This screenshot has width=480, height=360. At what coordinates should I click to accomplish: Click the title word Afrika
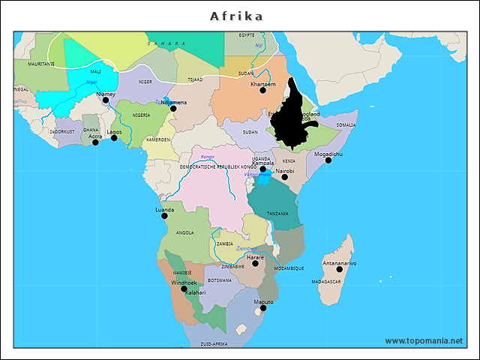tap(237, 16)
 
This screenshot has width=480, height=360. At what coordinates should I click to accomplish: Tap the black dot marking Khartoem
tap(263, 90)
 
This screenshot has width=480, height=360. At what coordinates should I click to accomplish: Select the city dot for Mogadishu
tap(328, 160)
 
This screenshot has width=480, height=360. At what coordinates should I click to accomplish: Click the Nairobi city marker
tap(284, 176)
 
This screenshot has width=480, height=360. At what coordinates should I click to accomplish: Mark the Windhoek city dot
tap(184, 289)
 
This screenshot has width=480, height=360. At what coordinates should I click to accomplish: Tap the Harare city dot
tap(255, 263)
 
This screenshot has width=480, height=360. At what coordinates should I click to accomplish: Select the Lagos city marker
tap(115, 137)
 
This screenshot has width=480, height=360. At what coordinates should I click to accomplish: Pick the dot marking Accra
tap(95, 142)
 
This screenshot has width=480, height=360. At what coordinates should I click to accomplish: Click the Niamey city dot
tap(106, 100)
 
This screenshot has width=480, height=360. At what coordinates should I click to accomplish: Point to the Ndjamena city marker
tap(173, 108)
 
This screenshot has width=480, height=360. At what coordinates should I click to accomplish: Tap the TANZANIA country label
tap(277, 214)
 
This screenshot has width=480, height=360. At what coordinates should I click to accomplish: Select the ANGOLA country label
tap(184, 233)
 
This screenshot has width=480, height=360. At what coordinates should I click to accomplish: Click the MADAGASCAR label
tap(326, 282)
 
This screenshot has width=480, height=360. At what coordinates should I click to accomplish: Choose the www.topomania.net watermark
tap(424, 340)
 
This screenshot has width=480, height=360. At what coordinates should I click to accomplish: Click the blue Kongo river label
tap(208, 157)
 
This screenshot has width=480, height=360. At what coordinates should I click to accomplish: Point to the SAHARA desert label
tap(166, 43)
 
